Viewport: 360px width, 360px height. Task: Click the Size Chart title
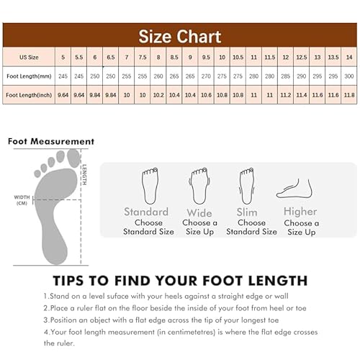(x=180, y=35)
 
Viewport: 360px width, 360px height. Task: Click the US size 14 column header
(x=348, y=57)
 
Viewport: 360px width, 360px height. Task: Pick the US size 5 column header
(x=63, y=57)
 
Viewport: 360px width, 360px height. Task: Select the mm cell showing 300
(x=348, y=76)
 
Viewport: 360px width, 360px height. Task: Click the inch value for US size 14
(x=348, y=94)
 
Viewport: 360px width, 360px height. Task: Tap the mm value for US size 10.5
(x=238, y=76)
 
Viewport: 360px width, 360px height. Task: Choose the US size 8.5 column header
(x=174, y=57)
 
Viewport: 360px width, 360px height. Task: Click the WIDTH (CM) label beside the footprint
(x=22, y=199)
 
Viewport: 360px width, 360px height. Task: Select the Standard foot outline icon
(x=150, y=186)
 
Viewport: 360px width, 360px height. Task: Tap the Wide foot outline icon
(x=199, y=186)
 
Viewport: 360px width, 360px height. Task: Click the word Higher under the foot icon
(x=300, y=212)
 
